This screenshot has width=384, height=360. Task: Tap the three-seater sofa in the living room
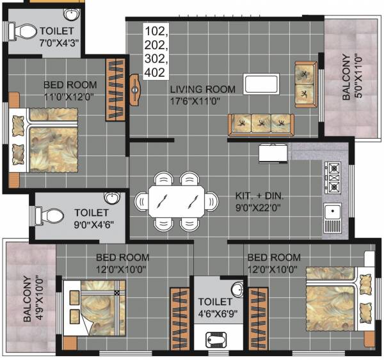(x=260, y=122)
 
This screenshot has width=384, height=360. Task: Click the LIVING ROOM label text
(x=202, y=90)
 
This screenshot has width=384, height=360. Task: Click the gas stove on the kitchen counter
(x=333, y=178)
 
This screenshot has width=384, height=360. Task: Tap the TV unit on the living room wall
(x=135, y=90)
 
